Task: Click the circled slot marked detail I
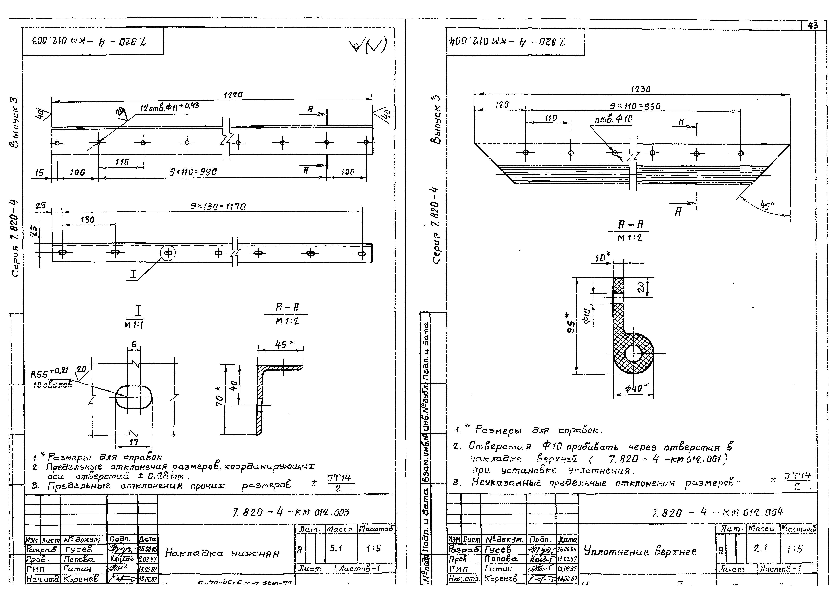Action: [x=168, y=253]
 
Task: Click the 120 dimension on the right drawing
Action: [x=502, y=105]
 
